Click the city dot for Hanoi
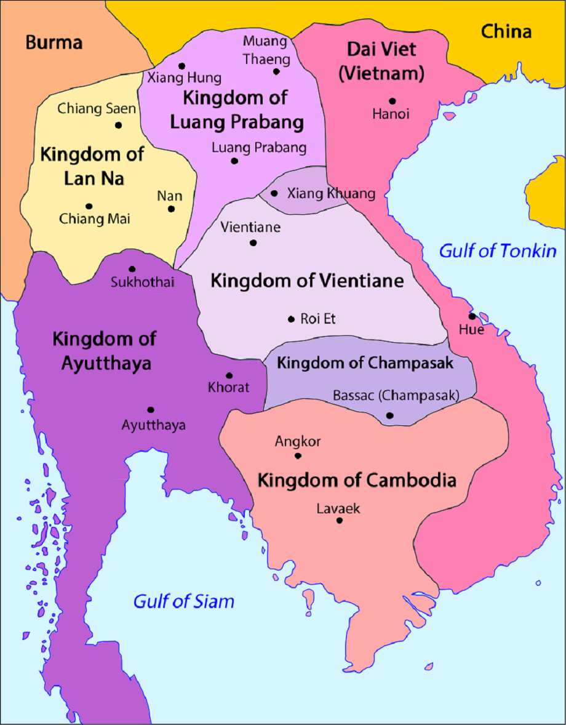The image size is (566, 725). [x=392, y=101]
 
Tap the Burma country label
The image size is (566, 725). [x=54, y=42]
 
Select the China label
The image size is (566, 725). [x=506, y=31]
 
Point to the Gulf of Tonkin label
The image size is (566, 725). [x=497, y=251]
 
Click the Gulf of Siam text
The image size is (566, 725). [x=184, y=601]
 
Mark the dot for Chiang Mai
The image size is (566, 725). [x=89, y=206]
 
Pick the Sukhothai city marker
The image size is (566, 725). [x=132, y=269]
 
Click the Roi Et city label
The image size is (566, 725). [x=318, y=319]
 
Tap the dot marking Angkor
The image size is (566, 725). [x=298, y=456]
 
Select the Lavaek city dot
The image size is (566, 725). [x=339, y=521]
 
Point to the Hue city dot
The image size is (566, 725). [x=472, y=316]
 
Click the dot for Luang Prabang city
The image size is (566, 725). [x=234, y=161]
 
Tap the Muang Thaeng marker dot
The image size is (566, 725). [x=277, y=71]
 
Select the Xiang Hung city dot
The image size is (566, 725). [x=182, y=66]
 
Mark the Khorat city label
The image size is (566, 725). [x=229, y=388]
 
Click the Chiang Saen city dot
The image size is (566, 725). [x=118, y=125]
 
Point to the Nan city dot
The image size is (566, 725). [x=171, y=209]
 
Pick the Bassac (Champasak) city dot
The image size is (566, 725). [x=389, y=415]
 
